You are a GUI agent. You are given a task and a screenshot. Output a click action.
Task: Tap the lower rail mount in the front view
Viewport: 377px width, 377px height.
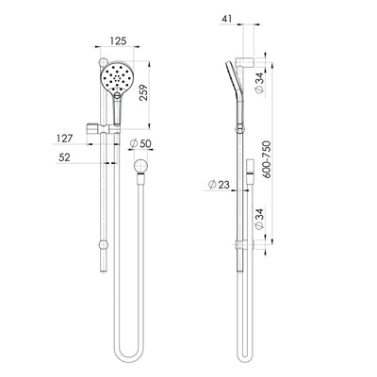[x=102, y=247]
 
